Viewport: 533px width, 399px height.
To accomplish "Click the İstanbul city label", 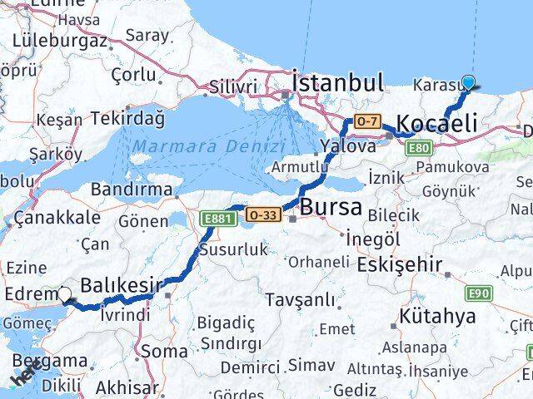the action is click(x=338, y=82).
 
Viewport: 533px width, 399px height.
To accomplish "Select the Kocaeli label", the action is click(x=436, y=124).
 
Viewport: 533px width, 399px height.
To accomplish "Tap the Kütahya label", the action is click(x=437, y=316).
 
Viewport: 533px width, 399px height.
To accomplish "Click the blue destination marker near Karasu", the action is click(x=469, y=82).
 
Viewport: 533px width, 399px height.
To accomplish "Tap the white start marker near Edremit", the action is click(x=65, y=293).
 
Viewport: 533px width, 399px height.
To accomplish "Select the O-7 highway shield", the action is click(x=367, y=121).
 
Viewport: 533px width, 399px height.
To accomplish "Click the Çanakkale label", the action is click(x=58, y=218).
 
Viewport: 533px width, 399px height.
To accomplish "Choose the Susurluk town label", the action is click(x=233, y=249).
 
